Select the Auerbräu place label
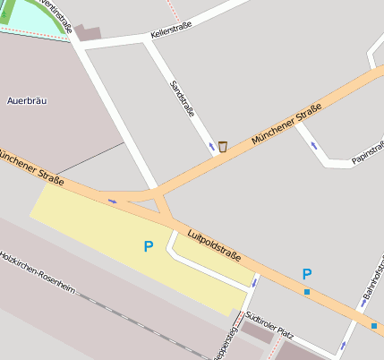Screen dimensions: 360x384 pos(25,101)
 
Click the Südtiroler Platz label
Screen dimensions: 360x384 pos(269,332)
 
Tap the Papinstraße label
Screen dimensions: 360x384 pos(369,152)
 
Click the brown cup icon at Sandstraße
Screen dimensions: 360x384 pos(223,146)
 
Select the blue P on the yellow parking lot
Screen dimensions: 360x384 pos(149,245)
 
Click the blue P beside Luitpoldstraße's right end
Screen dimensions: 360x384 pos(307,274)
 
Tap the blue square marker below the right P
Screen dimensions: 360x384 pos(307,292)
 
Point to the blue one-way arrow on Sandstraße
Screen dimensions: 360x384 pos(212,146)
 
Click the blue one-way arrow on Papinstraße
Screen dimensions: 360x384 pos(313,144)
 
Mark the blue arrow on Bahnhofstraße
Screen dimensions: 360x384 pos(342,345)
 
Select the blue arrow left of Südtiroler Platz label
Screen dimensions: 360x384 pos(254,283)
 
